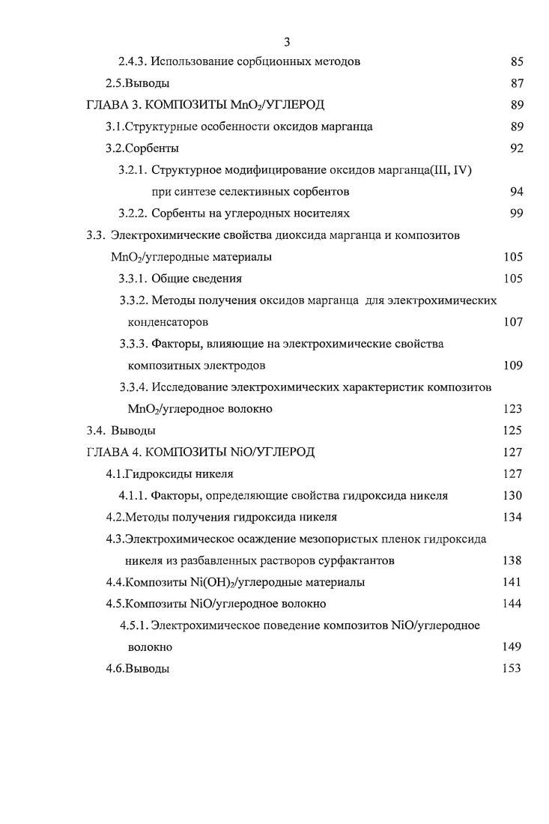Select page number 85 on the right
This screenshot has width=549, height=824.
(516, 62)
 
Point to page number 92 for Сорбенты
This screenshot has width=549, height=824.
(516, 148)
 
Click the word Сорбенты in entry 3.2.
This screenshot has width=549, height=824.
(152, 148)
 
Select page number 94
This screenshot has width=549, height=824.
(516, 192)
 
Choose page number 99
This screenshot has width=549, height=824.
(516, 213)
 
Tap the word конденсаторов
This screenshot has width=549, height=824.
(168, 322)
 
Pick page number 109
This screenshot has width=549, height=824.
(513, 366)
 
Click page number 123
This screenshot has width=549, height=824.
(513, 409)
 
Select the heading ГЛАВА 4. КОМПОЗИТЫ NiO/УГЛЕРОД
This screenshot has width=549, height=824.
(201, 452)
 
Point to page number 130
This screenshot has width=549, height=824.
(513, 496)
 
